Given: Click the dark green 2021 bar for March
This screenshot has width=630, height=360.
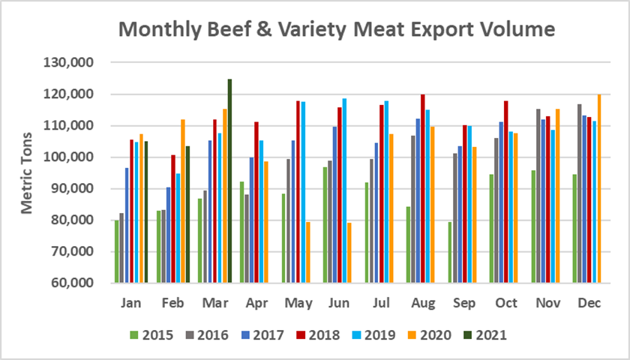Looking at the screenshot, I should coord(229,181).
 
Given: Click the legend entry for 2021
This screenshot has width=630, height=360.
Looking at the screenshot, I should coord(487,335).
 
